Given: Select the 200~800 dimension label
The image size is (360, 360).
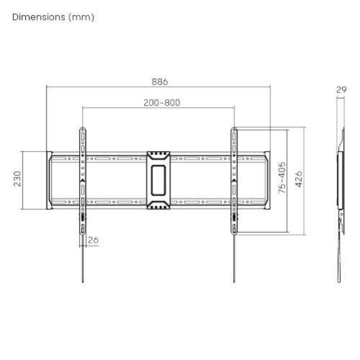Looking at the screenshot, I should (x=161, y=102).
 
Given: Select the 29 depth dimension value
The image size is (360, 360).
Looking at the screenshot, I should (x=341, y=89).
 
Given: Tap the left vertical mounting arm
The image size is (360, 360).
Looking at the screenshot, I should (x=82, y=180).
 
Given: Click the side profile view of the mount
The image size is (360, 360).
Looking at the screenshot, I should (x=341, y=180).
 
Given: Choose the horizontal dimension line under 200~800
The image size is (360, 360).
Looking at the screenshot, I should (x=120, y=108).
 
